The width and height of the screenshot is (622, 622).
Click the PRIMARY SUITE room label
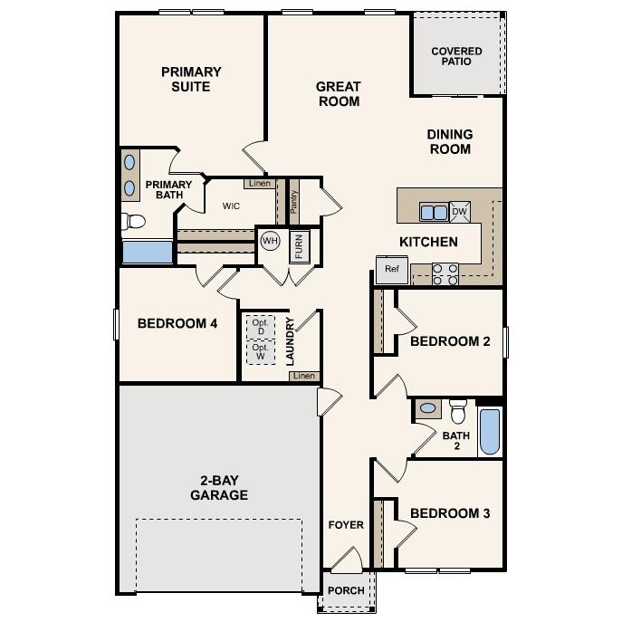click(191, 80)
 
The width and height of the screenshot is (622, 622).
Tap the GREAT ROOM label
click(338, 94)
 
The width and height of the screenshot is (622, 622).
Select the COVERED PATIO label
click(456, 56)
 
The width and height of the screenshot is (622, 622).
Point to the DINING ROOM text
click(450, 141)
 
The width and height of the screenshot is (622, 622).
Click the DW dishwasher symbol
click(459, 212)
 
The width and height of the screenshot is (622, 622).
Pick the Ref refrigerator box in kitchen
click(391, 269)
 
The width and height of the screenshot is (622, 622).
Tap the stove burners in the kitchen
click(444, 273)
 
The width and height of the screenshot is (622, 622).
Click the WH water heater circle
click(270, 241)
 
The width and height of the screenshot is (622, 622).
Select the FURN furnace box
click(300, 245)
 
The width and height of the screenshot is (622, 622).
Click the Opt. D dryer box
click(261, 327)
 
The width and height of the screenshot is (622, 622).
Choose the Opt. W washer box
click(261, 351)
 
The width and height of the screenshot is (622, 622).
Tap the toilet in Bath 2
click(457, 413)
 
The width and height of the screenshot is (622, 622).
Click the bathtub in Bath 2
click(489, 432)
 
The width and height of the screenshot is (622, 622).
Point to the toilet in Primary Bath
click(134, 220)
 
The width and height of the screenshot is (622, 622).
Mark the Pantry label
click(293, 201)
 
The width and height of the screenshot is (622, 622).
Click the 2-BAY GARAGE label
click(218, 488)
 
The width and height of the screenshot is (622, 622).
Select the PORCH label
click(346, 590)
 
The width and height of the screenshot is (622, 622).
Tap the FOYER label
click(346, 525)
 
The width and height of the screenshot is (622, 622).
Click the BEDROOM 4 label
click(177, 323)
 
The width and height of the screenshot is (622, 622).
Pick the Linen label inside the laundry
click(304, 376)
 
